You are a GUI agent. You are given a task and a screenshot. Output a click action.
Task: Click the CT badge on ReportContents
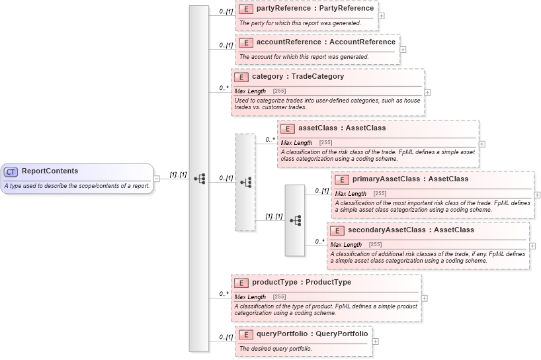coord(11,171)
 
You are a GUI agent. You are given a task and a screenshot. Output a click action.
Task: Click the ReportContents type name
coord(50,171)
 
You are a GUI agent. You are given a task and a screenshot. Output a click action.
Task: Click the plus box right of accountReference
coord(403,49)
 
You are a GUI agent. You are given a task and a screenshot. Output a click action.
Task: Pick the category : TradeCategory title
coord(298,76)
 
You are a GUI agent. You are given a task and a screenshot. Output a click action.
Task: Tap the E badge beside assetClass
coord(288,128)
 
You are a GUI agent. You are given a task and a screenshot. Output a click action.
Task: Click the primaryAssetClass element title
coord(410,179)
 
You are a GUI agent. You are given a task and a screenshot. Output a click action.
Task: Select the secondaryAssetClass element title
coord(411,230)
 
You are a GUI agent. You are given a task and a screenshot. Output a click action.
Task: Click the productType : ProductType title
coord(302,282)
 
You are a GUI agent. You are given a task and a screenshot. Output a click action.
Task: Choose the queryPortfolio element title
coord(312,334)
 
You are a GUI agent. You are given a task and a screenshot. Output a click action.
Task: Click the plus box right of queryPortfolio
coord(376,341)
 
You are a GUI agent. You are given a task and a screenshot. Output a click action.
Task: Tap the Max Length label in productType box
coord(251,297)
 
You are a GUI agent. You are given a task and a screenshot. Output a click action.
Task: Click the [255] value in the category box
coord(279,91)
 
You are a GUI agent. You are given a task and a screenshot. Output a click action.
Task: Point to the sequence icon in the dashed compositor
coord(245,182)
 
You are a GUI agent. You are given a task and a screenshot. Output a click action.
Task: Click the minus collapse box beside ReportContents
coord(157,178)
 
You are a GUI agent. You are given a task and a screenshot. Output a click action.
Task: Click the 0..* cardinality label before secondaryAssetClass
coord(320,242)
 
